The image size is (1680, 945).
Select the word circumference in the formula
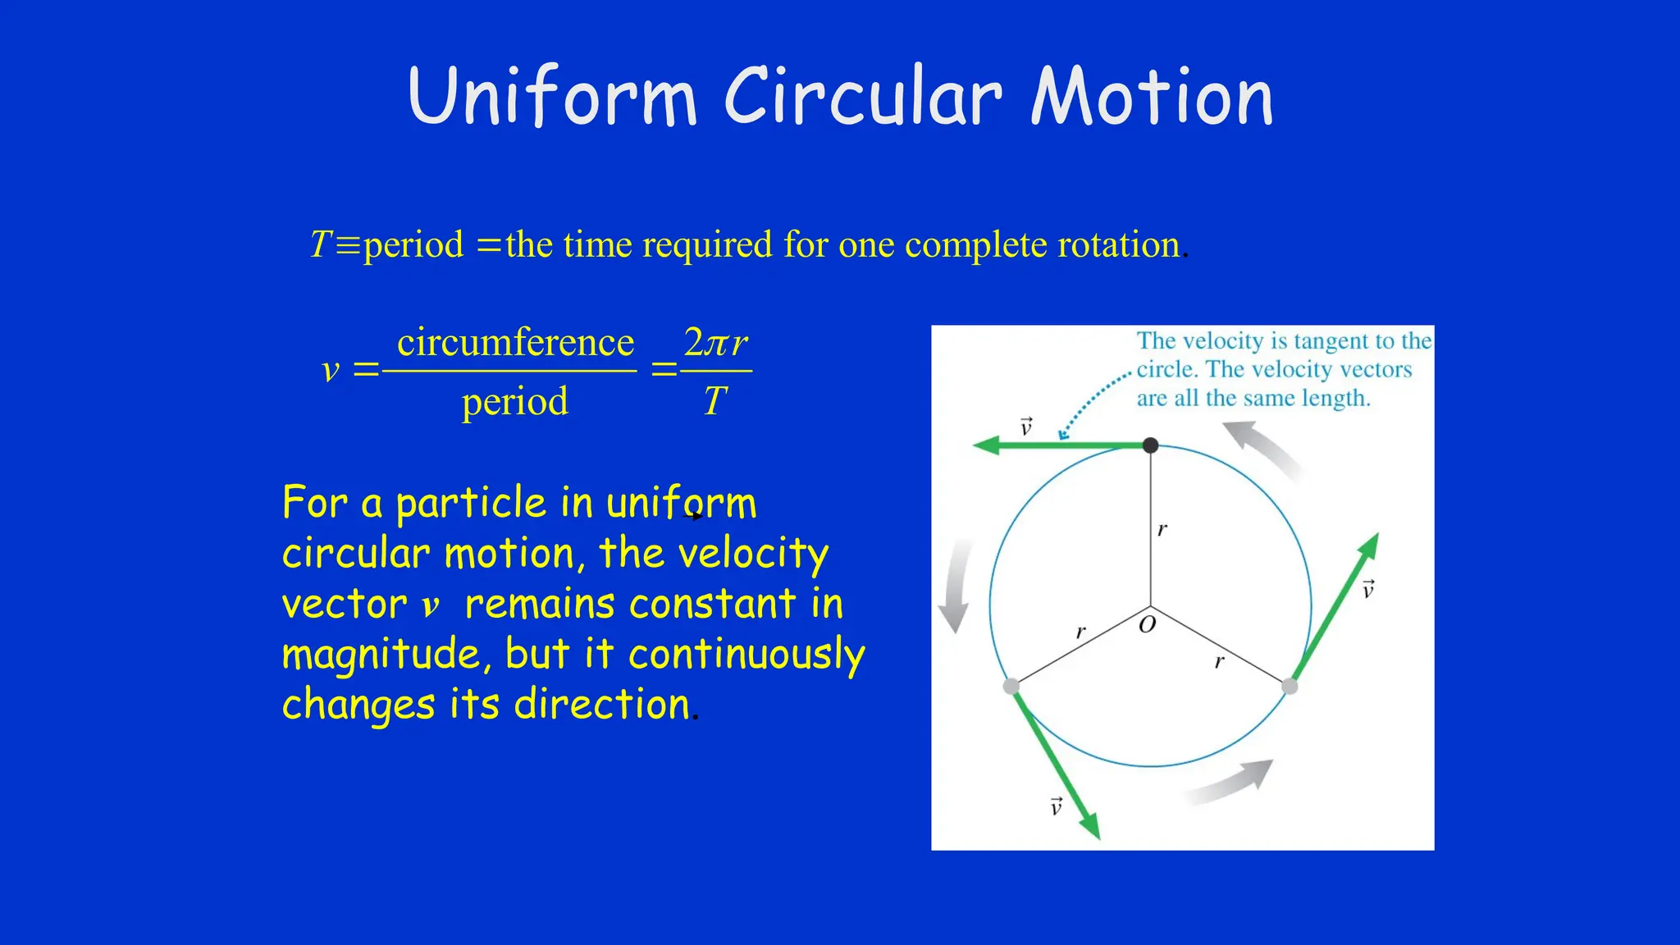(x=515, y=343)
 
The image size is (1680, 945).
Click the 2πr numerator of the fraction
(x=715, y=343)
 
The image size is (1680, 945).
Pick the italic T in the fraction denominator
(x=714, y=401)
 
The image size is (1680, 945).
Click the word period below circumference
(x=514, y=402)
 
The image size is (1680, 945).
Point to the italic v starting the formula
(x=331, y=370)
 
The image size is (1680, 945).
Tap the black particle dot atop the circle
(x=1150, y=445)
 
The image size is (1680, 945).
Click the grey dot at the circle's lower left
(x=1011, y=686)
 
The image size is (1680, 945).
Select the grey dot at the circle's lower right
(x=1290, y=686)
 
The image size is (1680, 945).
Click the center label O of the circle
(x=1148, y=625)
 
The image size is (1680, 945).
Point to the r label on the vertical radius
(x=1162, y=529)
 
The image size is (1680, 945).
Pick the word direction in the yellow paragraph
(x=602, y=705)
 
